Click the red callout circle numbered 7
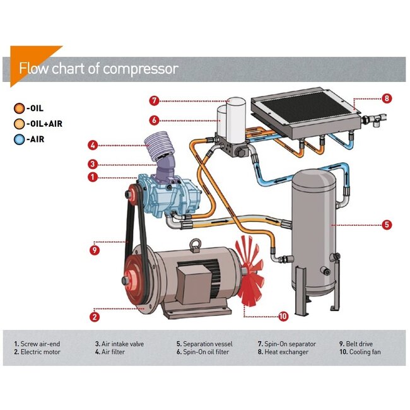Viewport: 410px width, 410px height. (x=154, y=100)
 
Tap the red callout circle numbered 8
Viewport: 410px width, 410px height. (x=387, y=98)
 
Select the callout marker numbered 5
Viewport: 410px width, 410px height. (x=387, y=224)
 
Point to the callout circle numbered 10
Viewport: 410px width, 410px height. (x=283, y=316)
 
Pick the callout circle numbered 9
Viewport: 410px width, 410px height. (x=94, y=249)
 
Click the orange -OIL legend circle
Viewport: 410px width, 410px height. (x=20, y=108)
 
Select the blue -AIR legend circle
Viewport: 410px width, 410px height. (x=20, y=139)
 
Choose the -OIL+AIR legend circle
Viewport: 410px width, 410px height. (x=20, y=124)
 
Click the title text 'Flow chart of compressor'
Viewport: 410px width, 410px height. (x=98, y=68)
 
